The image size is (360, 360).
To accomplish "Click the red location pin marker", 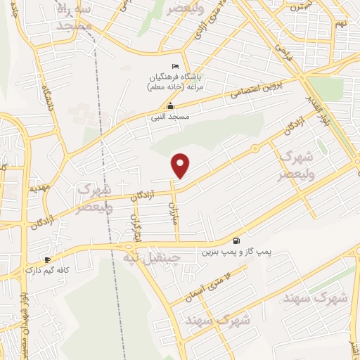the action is (181, 166).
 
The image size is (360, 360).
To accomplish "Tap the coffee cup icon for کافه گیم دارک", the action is (48, 259).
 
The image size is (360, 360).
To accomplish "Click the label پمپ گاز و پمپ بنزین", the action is (236, 251).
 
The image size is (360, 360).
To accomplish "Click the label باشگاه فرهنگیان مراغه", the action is (175, 82).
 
